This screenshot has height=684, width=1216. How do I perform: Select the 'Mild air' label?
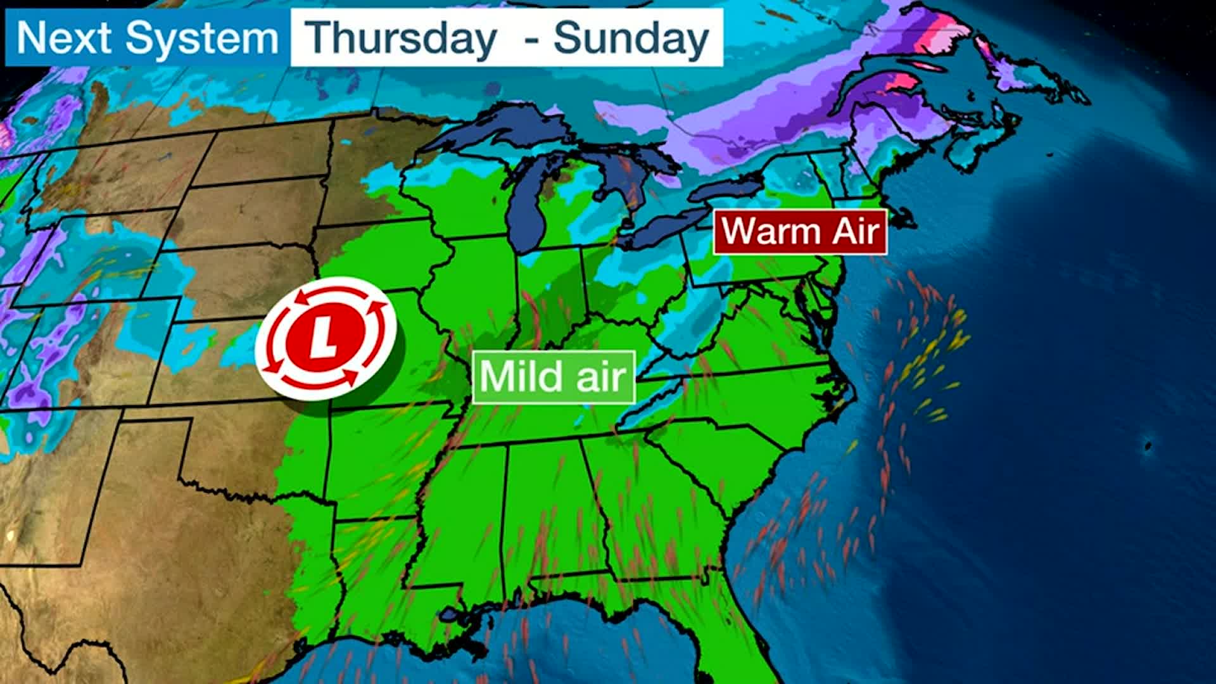coord(554,377)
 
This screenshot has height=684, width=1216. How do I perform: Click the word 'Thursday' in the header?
coord(402,38)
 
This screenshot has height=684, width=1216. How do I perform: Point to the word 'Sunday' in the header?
coord(631,38)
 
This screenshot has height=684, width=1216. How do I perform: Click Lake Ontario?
coord(728,189)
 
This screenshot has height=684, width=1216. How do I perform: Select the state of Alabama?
coord(551,507)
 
